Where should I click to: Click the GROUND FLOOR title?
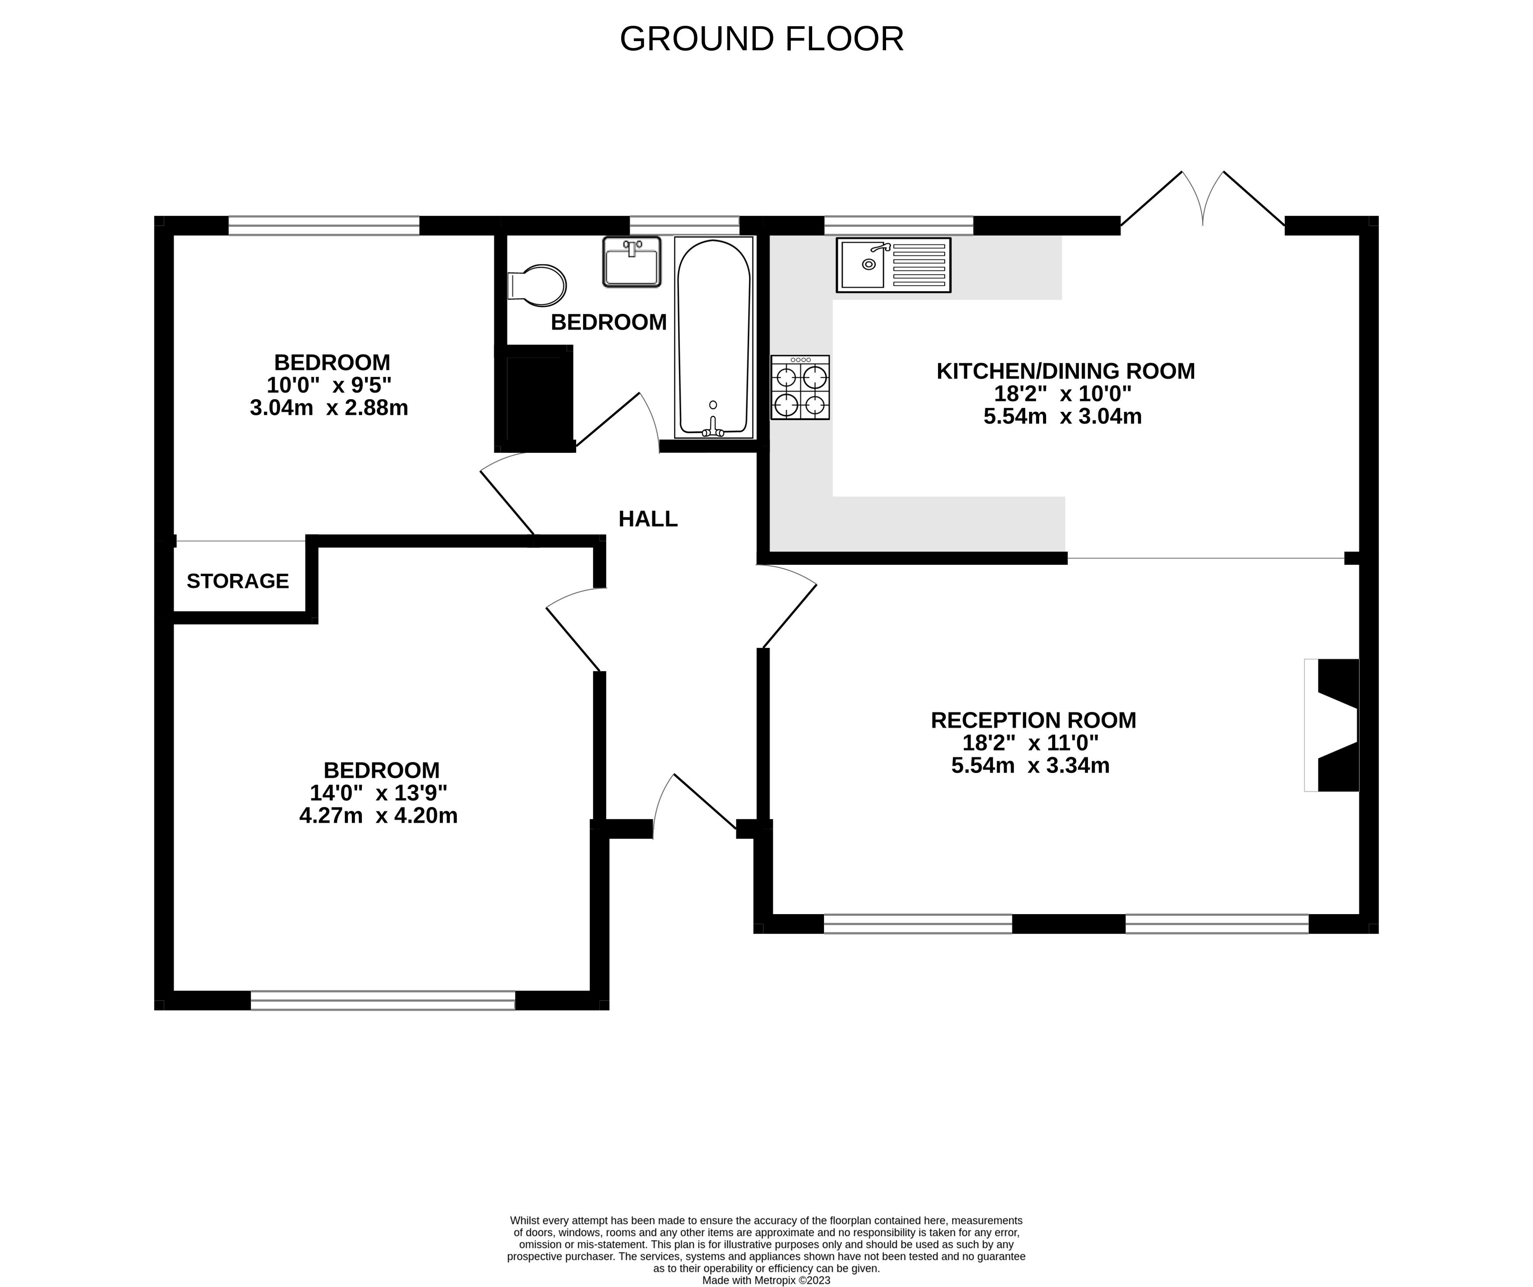coord(761,39)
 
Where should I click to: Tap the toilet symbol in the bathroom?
coord(539,285)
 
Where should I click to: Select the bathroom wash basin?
coord(632,261)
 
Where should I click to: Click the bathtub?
coord(714,337)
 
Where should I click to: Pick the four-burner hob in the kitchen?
coord(800,387)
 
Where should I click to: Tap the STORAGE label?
coord(238,581)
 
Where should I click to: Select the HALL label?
coord(647,519)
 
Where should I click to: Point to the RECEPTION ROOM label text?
coord(1033,720)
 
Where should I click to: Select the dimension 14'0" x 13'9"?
coord(378,793)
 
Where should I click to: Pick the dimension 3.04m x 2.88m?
coord(329,407)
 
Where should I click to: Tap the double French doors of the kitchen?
coord(1202,201)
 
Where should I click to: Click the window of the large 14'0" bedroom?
coord(382,1000)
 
